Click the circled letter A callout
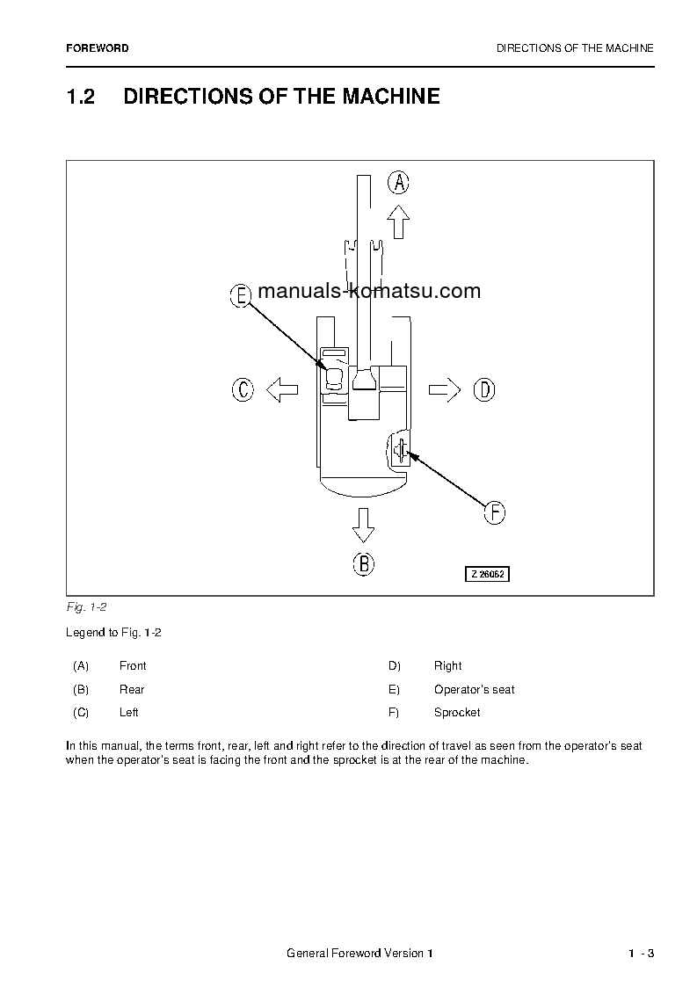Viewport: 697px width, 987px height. pyautogui.click(x=399, y=183)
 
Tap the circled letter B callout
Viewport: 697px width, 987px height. pyautogui.click(x=364, y=563)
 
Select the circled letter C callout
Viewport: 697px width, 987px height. pyautogui.click(x=243, y=389)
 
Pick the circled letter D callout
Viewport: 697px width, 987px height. pyautogui.click(x=484, y=389)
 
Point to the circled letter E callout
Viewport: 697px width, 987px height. pyautogui.click(x=241, y=296)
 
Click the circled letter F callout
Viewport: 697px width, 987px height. pyautogui.click(x=495, y=512)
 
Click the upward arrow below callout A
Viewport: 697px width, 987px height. pyautogui.click(x=399, y=221)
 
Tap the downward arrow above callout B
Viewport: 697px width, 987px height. pyautogui.click(x=363, y=524)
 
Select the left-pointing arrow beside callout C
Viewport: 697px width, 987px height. pyautogui.click(x=282, y=389)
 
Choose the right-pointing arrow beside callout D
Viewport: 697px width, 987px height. pyautogui.click(x=445, y=389)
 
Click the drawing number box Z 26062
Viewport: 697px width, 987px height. pyautogui.click(x=488, y=574)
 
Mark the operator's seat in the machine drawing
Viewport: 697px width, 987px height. pyautogui.click(x=334, y=379)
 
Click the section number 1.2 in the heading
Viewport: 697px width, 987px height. pyautogui.click(x=80, y=97)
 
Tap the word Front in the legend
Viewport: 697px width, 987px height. pyautogui.click(x=133, y=666)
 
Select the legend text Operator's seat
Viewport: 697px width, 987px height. pyautogui.click(x=474, y=690)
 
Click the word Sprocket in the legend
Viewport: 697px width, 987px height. pyautogui.click(x=457, y=713)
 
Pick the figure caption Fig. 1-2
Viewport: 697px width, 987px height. pyautogui.click(x=86, y=607)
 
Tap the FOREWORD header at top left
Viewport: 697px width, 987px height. pyautogui.click(x=97, y=48)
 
